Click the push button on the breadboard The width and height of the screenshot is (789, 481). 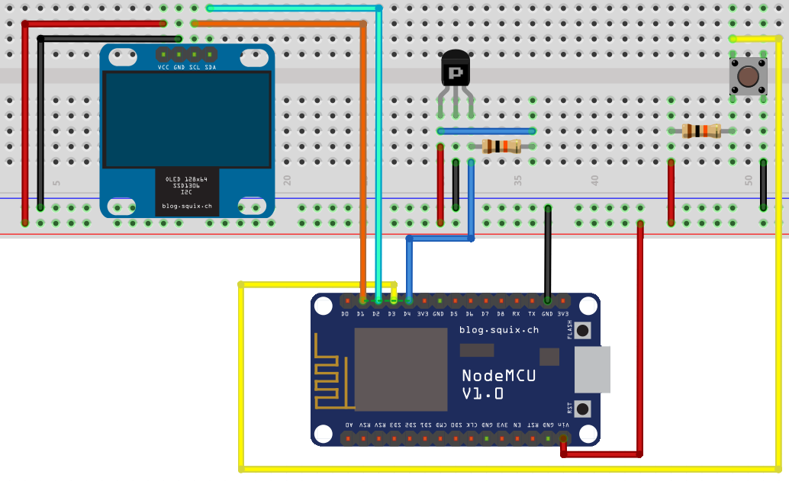point(748,77)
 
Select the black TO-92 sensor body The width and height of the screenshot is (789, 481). point(456,69)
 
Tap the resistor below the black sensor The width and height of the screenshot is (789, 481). point(501,146)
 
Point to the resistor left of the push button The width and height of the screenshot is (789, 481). point(701,130)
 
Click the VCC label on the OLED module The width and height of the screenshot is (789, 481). point(163,68)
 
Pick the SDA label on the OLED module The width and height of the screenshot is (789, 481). point(210,68)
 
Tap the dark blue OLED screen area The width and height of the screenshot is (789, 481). point(187,120)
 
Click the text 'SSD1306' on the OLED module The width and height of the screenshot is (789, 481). point(187,185)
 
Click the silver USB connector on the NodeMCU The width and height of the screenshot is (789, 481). point(593,370)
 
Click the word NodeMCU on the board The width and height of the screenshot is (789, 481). point(498,375)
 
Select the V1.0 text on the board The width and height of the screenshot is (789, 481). point(482,393)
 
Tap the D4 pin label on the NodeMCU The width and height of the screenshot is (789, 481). point(407,313)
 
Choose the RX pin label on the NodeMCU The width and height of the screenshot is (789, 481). point(516,313)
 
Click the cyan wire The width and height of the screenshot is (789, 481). point(378,152)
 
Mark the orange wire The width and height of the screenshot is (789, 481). point(362,152)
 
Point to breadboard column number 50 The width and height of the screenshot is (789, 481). point(749,181)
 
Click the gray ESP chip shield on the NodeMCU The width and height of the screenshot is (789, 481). point(401,370)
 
